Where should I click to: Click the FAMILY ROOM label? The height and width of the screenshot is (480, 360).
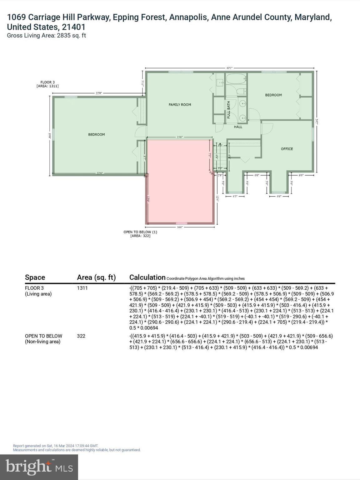(180, 105)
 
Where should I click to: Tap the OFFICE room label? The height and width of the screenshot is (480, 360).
(287, 149)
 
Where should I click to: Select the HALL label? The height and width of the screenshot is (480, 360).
(238, 127)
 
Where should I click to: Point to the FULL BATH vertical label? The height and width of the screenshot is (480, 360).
(228, 110)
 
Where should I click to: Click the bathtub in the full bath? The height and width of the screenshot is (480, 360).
(236, 79)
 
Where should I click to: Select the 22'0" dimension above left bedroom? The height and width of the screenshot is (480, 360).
(99, 93)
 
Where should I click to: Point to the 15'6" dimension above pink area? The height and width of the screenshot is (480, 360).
(180, 137)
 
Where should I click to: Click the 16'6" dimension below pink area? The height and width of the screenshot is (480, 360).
(180, 227)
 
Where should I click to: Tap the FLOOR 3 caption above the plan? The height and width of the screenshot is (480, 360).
(47, 84)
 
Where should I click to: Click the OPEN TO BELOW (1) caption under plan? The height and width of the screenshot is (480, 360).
(140, 234)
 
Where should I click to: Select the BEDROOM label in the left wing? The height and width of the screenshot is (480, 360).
(96, 134)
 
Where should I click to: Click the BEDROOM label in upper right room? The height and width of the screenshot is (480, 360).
(273, 95)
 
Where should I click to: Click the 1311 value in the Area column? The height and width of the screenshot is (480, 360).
(82, 288)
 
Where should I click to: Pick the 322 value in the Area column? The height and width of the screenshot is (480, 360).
(81, 336)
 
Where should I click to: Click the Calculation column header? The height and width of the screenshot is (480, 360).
(147, 277)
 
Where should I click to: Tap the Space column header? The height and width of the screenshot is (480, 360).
(35, 277)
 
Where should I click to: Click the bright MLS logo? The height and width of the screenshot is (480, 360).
(39, 467)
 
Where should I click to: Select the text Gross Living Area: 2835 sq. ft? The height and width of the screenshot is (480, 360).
(46, 35)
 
